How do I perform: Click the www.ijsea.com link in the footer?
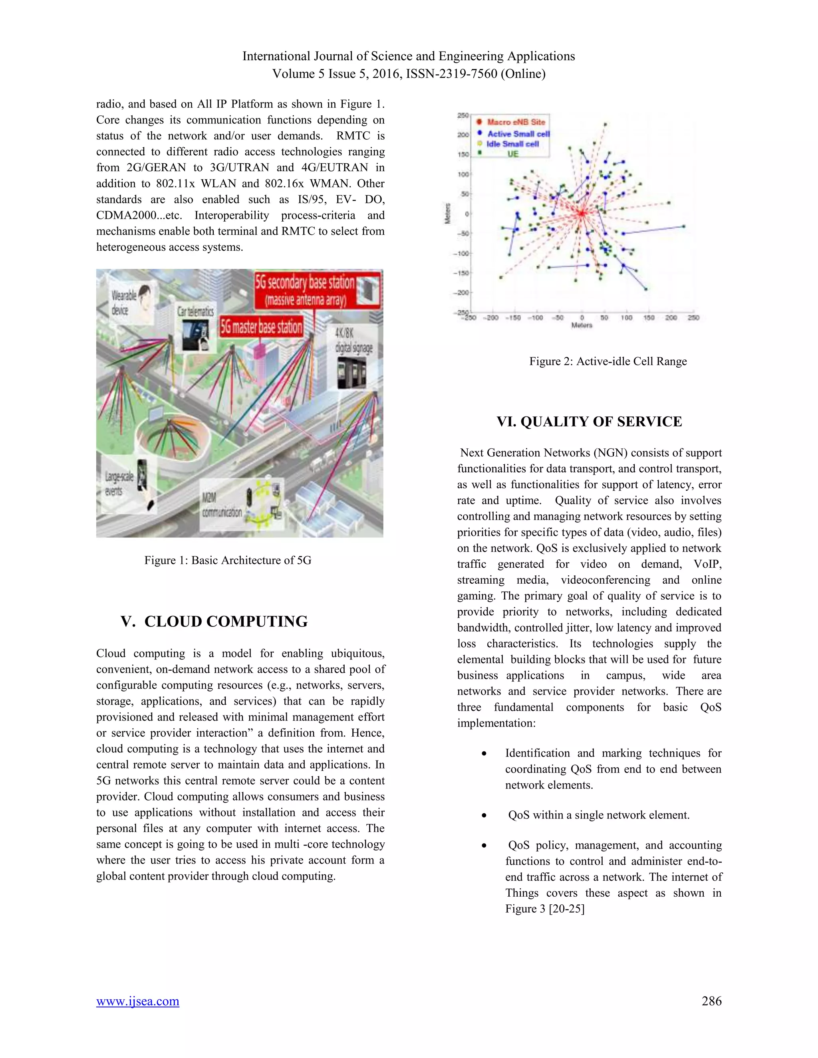pyautogui.click(x=138, y=1001)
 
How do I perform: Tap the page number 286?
pyautogui.click(x=711, y=1001)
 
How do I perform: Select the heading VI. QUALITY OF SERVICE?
pyautogui.click(x=589, y=422)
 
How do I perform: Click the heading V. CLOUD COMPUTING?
pyautogui.click(x=214, y=622)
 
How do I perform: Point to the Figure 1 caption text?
pyautogui.click(x=228, y=561)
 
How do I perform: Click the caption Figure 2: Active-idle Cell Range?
pyautogui.click(x=608, y=361)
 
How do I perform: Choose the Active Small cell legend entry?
pyautogui.click(x=518, y=134)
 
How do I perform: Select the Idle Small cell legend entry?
pyautogui.click(x=512, y=144)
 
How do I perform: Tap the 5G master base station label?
pyautogui.click(x=261, y=327)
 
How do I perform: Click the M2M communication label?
pyautogui.click(x=221, y=505)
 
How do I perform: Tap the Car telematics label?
pyautogui.click(x=195, y=311)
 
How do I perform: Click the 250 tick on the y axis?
pyautogui.click(x=463, y=115)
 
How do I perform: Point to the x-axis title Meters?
pyautogui.click(x=582, y=325)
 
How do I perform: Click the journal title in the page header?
pyautogui.click(x=409, y=56)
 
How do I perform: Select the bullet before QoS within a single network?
pyautogui.click(x=484, y=816)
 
